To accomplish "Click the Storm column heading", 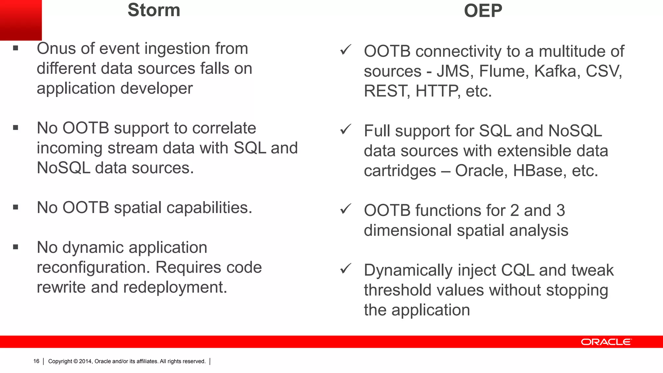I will [x=154, y=10].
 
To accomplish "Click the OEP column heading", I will [x=483, y=11].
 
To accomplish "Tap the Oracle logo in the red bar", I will [x=606, y=342].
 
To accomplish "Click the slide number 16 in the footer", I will [x=36, y=361].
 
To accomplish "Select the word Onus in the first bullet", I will [x=56, y=49].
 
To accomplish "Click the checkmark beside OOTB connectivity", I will [x=346, y=50].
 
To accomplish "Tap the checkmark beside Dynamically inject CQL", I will [x=346, y=269].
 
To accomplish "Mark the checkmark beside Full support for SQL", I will [x=346, y=130].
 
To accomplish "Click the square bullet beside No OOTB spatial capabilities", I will [x=16, y=207].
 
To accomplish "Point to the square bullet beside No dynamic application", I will [x=16, y=247].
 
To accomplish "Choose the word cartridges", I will [x=400, y=171].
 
